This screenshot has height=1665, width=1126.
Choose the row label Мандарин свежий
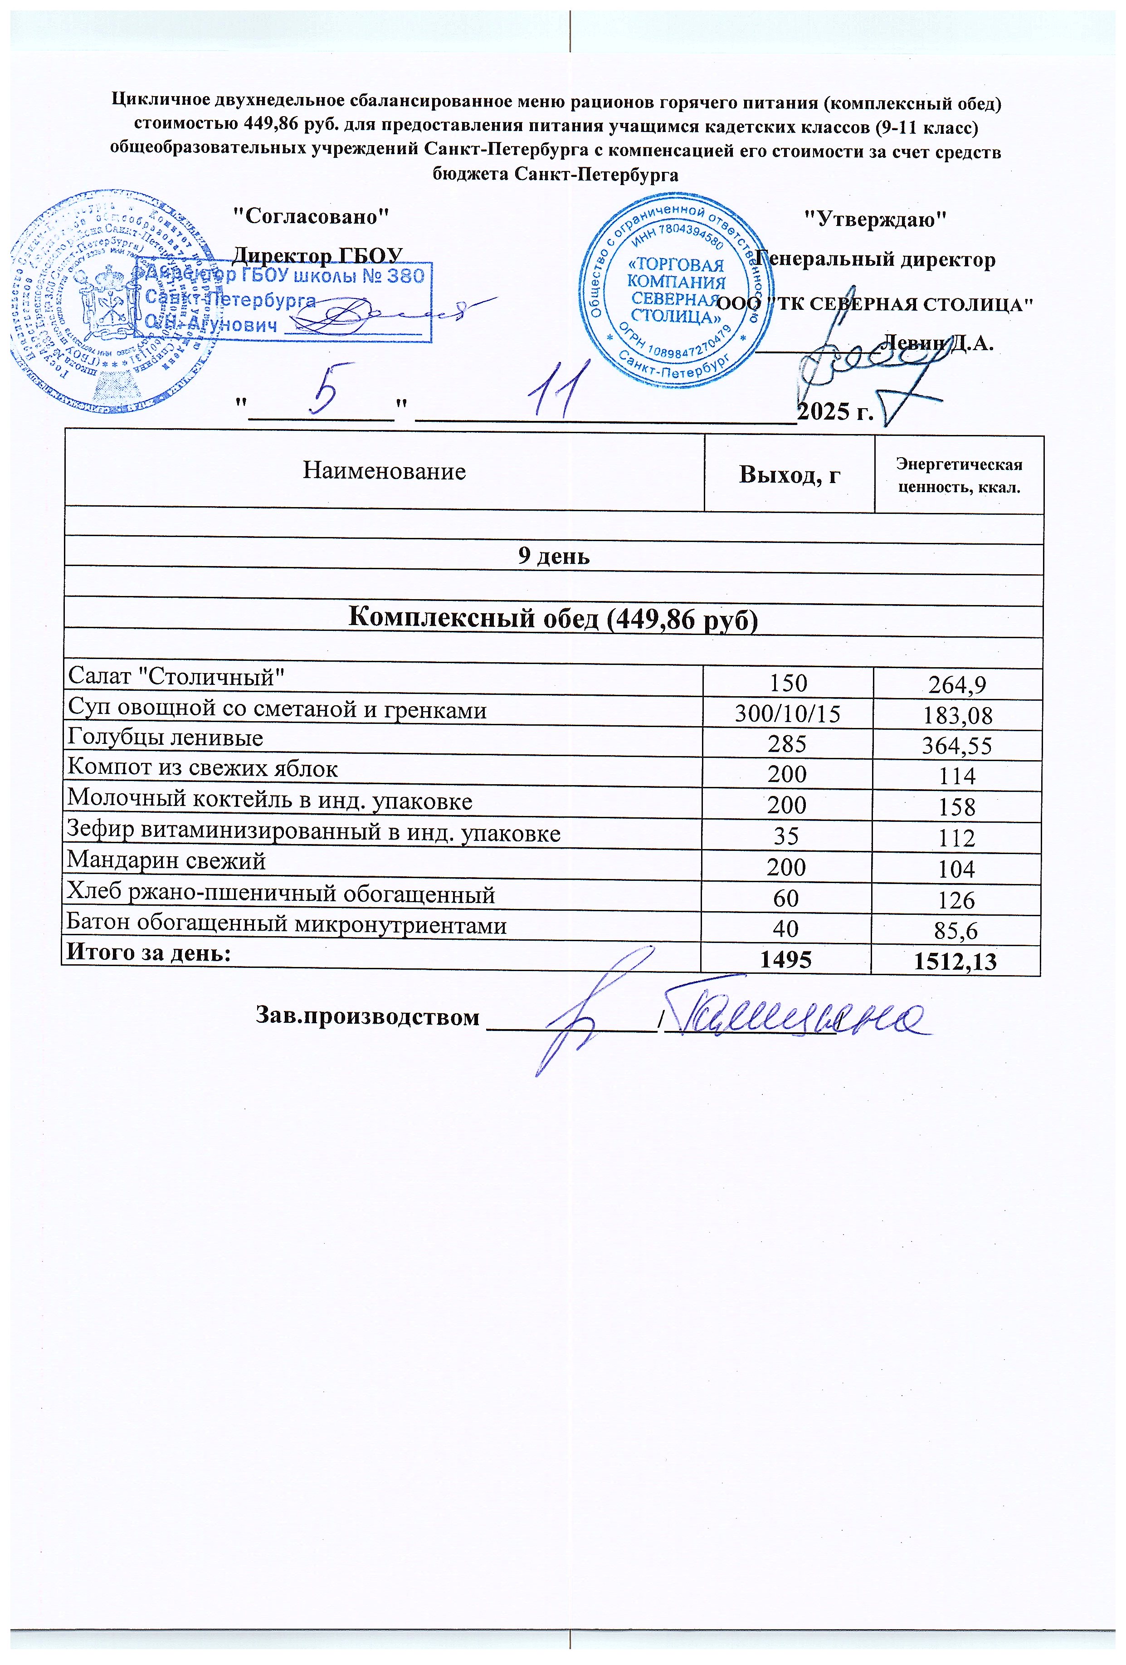click(166, 860)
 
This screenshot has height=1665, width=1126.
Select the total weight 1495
click(786, 959)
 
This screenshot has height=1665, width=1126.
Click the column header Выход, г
click(790, 474)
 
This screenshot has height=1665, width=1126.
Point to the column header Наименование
click(384, 471)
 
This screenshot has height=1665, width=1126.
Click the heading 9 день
click(554, 557)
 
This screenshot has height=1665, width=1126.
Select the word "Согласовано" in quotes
click(312, 215)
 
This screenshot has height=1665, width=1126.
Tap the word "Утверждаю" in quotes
click(875, 219)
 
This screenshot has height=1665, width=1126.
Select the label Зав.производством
click(367, 1016)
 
